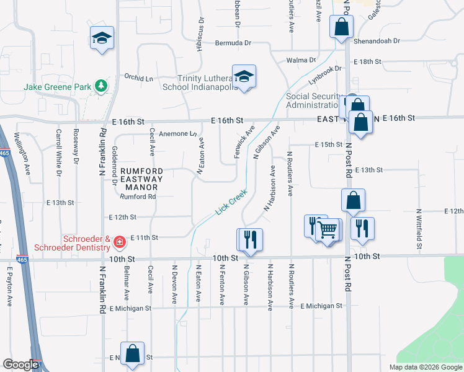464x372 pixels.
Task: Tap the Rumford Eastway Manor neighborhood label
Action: tap(141, 178)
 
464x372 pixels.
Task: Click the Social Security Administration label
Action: tap(315, 100)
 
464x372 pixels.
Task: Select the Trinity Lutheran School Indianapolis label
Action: tap(200, 82)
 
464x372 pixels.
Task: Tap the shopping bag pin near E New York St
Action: tap(133, 354)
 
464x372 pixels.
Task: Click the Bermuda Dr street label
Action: tap(233, 43)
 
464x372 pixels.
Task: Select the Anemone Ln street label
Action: tap(178, 133)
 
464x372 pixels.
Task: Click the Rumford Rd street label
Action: tap(138, 197)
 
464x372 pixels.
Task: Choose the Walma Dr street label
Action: tap(301, 60)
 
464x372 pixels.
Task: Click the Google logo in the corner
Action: tap(20, 365)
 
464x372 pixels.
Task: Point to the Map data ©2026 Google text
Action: tap(425, 367)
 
